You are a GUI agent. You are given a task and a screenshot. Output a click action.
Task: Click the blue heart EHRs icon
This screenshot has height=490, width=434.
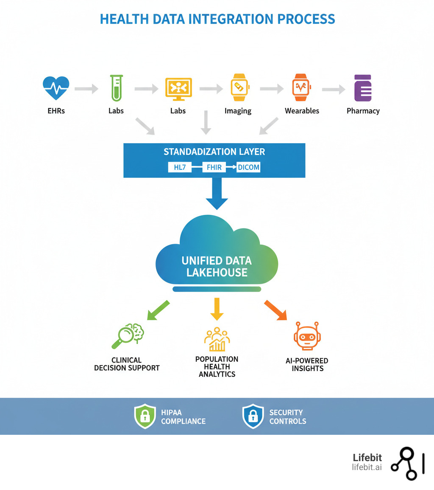(x=56, y=88)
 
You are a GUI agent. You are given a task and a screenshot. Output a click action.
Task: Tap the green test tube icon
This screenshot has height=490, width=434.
(x=116, y=88)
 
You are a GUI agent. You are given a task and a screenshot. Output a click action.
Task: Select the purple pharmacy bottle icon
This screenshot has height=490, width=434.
(x=363, y=88)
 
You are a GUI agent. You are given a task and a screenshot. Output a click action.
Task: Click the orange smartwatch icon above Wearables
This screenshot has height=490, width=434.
(x=301, y=88)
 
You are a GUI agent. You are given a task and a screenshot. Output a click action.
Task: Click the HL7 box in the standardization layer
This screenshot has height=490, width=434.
(x=180, y=167)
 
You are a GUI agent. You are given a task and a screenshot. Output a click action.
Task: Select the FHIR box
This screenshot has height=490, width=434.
(x=214, y=167)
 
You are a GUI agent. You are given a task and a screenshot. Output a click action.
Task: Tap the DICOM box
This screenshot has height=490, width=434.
(x=248, y=167)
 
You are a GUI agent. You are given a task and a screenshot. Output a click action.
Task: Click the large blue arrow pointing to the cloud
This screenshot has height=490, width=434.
(x=217, y=193)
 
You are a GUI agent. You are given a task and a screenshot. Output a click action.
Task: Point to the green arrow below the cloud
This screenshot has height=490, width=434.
(x=158, y=310)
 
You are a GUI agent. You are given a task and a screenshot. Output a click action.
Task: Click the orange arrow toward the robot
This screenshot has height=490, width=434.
(x=275, y=310)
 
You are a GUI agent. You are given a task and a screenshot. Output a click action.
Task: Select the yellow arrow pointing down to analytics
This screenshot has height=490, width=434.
(x=217, y=309)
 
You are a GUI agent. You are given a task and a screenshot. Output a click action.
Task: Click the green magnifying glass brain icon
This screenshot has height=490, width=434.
(x=128, y=336)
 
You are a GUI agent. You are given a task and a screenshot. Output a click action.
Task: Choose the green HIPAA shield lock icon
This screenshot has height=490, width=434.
(x=145, y=417)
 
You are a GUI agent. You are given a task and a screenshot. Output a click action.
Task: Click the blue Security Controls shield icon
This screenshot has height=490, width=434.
(x=253, y=417)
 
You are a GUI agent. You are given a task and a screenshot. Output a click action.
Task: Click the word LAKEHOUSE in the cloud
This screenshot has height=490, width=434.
(x=217, y=272)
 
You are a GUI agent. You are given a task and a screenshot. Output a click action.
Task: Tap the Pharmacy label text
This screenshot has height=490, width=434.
(x=363, y=111)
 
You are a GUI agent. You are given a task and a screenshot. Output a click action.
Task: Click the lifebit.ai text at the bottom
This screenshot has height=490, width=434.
(x=367, y=467)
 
